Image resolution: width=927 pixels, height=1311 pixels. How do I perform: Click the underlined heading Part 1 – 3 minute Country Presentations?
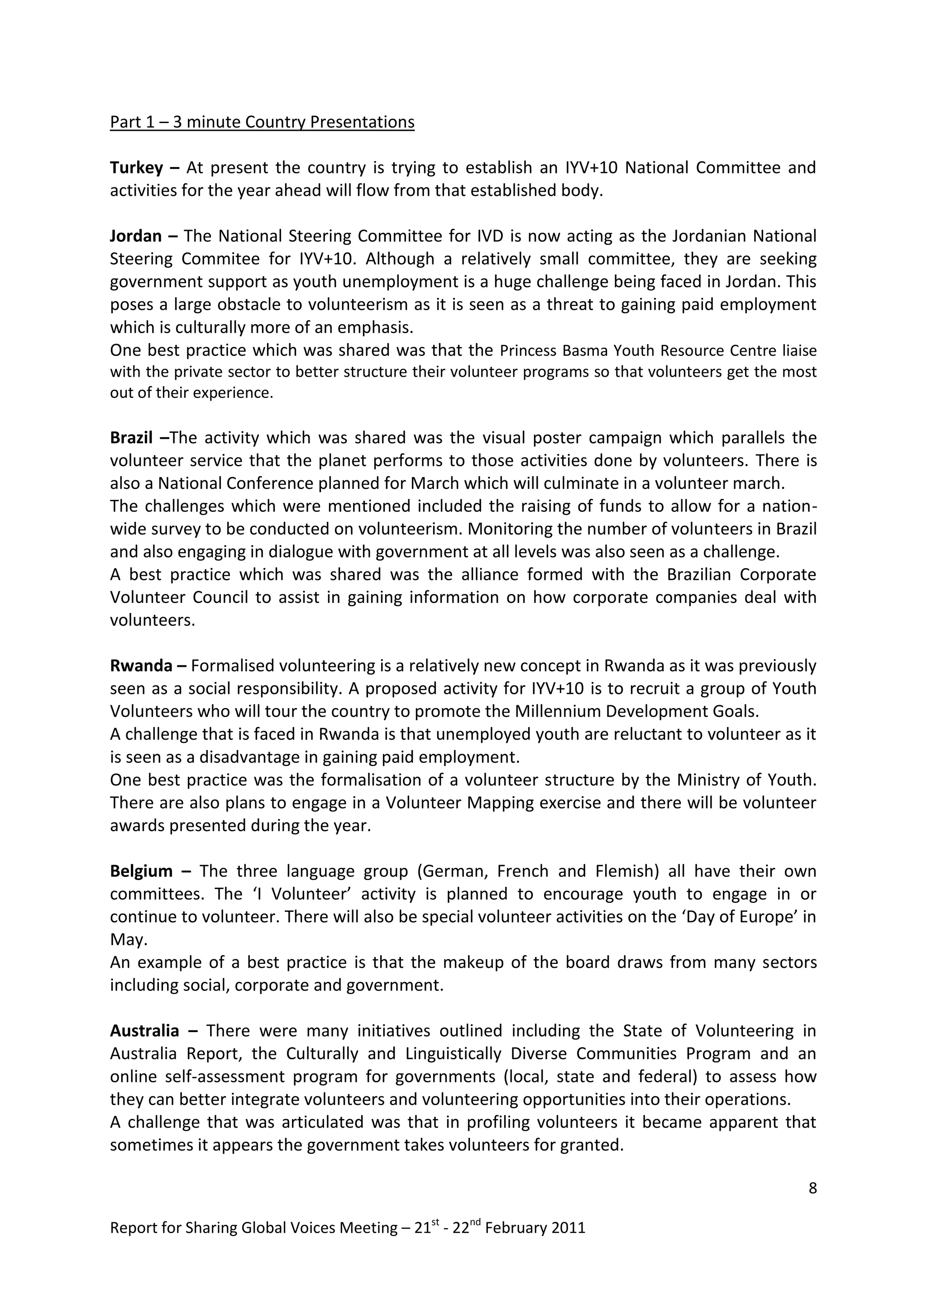pyautogui.click(x=262, y=122)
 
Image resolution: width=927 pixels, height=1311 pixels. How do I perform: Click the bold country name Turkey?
pyautogui.click(x=136, y=168)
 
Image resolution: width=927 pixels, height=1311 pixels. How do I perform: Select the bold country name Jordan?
pyautogui.click(x=136, y=236)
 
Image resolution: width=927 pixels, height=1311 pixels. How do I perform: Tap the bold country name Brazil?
pyautogui.click(x=131, y=438)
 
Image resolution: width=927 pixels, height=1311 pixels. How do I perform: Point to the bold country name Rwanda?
pyautogui.click(x=141, y=666)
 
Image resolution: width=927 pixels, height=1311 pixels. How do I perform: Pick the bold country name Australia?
pyautogui.click(x=144, y=1031)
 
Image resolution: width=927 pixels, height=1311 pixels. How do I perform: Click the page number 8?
pyautogui.click(x=813, y=1188)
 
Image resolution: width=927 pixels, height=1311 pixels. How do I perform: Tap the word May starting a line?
pyautogui.click(x=127, y=940)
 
